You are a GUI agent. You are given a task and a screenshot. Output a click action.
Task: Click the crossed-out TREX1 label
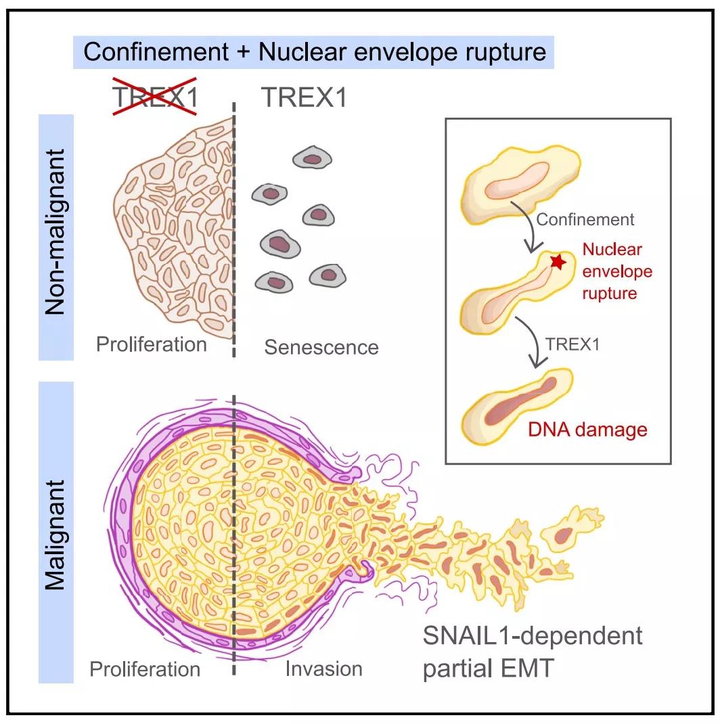pyautogui.click(x=154, y=98)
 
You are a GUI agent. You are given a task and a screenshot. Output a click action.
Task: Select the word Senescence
pyautogui.click(x=321, y=348)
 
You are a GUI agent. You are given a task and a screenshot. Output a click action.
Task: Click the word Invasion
pyautogui.click(x=323, y=669)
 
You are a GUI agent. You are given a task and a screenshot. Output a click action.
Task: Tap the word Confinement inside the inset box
pyautogui.click(x=585, y=219)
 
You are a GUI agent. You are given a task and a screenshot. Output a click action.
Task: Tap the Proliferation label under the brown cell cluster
pyautogui.click(x=151, y=344)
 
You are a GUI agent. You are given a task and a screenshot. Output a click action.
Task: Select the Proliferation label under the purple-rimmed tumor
pyautogui.click(x=145, y=669)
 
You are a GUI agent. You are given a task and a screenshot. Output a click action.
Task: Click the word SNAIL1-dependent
pyautogui.click(x=531, y=637)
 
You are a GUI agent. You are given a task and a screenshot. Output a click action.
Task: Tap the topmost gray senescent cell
pyautogui.click(x=312, y=159)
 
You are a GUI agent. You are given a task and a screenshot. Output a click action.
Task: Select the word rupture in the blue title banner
pyautogui.click(x=502, y=52)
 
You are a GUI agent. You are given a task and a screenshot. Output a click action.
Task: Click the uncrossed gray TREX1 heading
pyautogui.click(x=304, y=98)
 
